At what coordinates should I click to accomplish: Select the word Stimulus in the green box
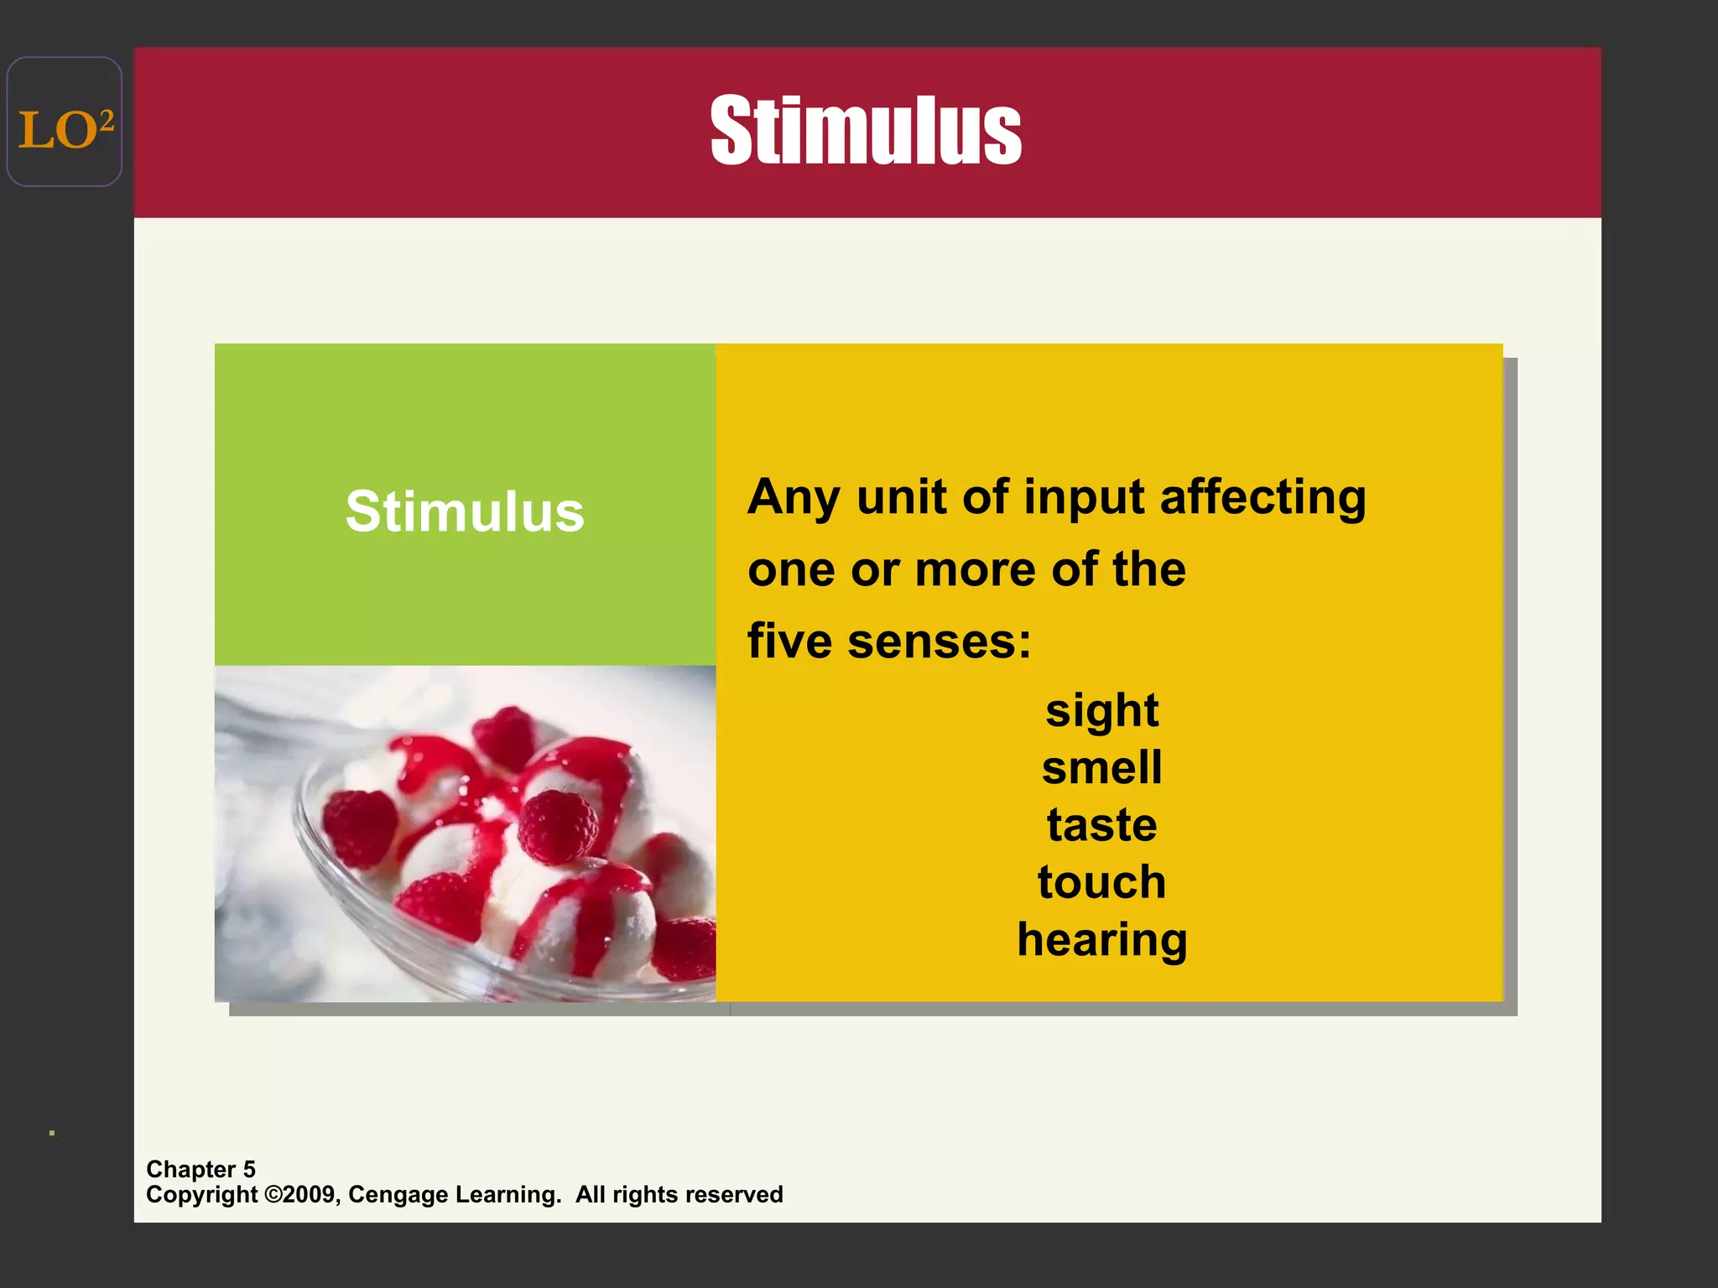(x=465, y=511)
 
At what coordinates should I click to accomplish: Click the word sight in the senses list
(x=1101, y=711)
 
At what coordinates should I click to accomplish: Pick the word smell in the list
(x=1101, y=767)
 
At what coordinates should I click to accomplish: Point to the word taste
(x=1101, y=825)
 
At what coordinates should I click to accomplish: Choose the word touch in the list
(x=1101, y=882)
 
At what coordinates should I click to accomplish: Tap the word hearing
(x=1101, y=940)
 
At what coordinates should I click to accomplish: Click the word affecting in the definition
(x=1262, y=497)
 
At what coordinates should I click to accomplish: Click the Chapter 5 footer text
(x=200, y=1169)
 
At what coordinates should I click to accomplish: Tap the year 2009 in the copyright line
(x=311, y=1194)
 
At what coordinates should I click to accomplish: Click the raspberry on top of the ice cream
(x=556, y=827)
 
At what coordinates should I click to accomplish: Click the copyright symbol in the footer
(x=273, y=1194)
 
